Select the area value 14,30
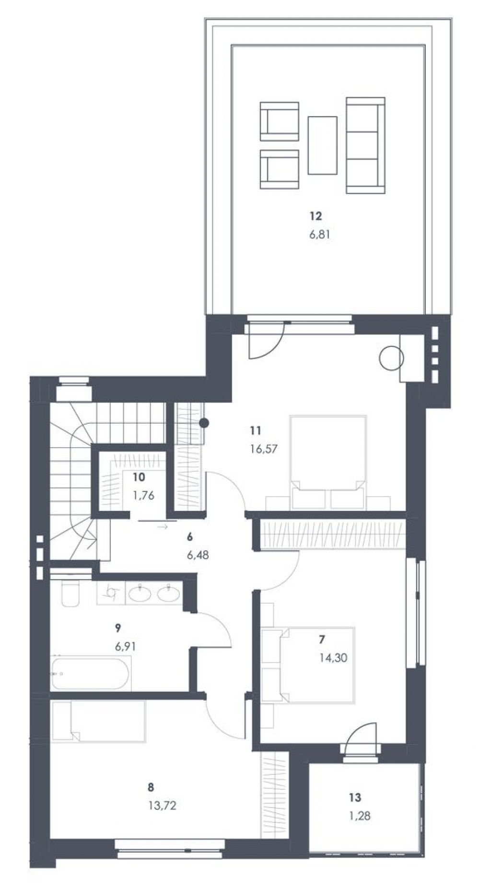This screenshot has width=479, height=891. click(333, 657)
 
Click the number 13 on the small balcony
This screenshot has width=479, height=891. click(355, 797)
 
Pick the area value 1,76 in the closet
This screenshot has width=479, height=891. click(143, 496)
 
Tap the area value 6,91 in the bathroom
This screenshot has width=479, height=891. click(126, 646)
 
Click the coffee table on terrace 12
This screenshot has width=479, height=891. click(322, 145)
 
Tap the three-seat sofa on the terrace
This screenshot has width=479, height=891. click(366, 145)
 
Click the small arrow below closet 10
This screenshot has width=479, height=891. click(162, 527)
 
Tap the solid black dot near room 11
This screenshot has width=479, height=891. click(204, 423)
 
